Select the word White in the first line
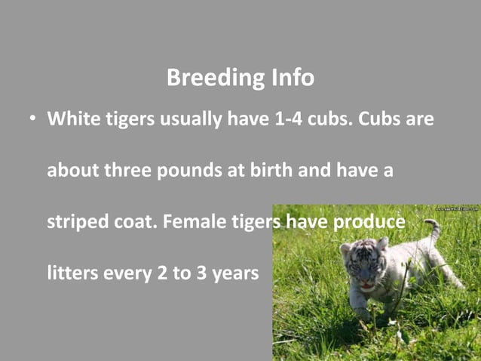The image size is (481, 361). pos(72,120)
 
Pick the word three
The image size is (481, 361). pos(127,171)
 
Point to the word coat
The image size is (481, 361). pos(134,223)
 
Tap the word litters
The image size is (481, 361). pos(70,273)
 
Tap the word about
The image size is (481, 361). pos(72,171)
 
